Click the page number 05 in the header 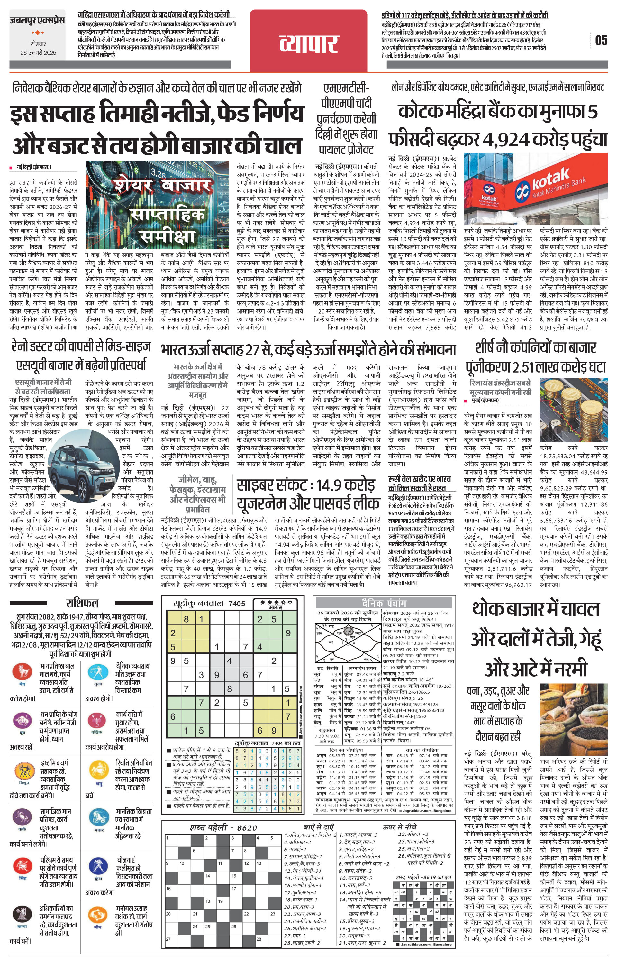pos(601,40)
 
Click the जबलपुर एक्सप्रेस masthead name pos(37,20)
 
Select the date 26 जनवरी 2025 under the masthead pos(38,53)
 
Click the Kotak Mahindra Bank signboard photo pos(536,189)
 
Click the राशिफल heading pos(82,603)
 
